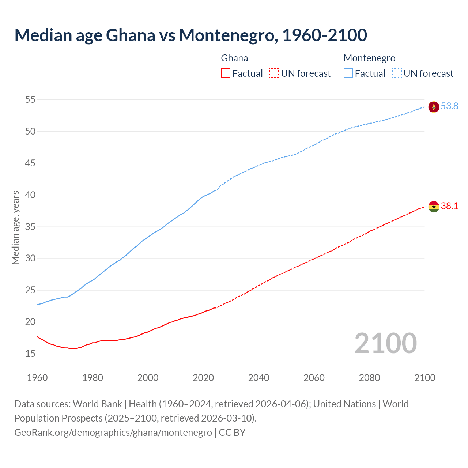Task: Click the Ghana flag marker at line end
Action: click(434, 207)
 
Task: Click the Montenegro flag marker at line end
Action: click(434, 107)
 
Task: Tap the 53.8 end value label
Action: click(449, 106)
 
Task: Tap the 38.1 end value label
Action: click(449, 206)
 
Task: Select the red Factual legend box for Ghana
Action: click(226, 73)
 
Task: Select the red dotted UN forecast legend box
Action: click(274, 73)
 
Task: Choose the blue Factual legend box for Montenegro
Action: click(348, 73)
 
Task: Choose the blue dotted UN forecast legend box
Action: click(397, 73)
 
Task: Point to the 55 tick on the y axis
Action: click(30, 99)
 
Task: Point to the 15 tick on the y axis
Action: click(30, 354)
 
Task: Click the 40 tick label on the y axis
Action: click(30, 195)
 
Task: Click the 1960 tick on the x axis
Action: click(37, 378)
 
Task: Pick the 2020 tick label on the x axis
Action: click(203, 378)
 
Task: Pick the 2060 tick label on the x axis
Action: click(314, 378)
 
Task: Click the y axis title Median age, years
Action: click(15, 227)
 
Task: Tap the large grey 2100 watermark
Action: click(386, 343)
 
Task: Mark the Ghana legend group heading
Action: click(234, 58)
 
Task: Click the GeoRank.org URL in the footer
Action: click(113, 433)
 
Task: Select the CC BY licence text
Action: click(232, 433)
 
